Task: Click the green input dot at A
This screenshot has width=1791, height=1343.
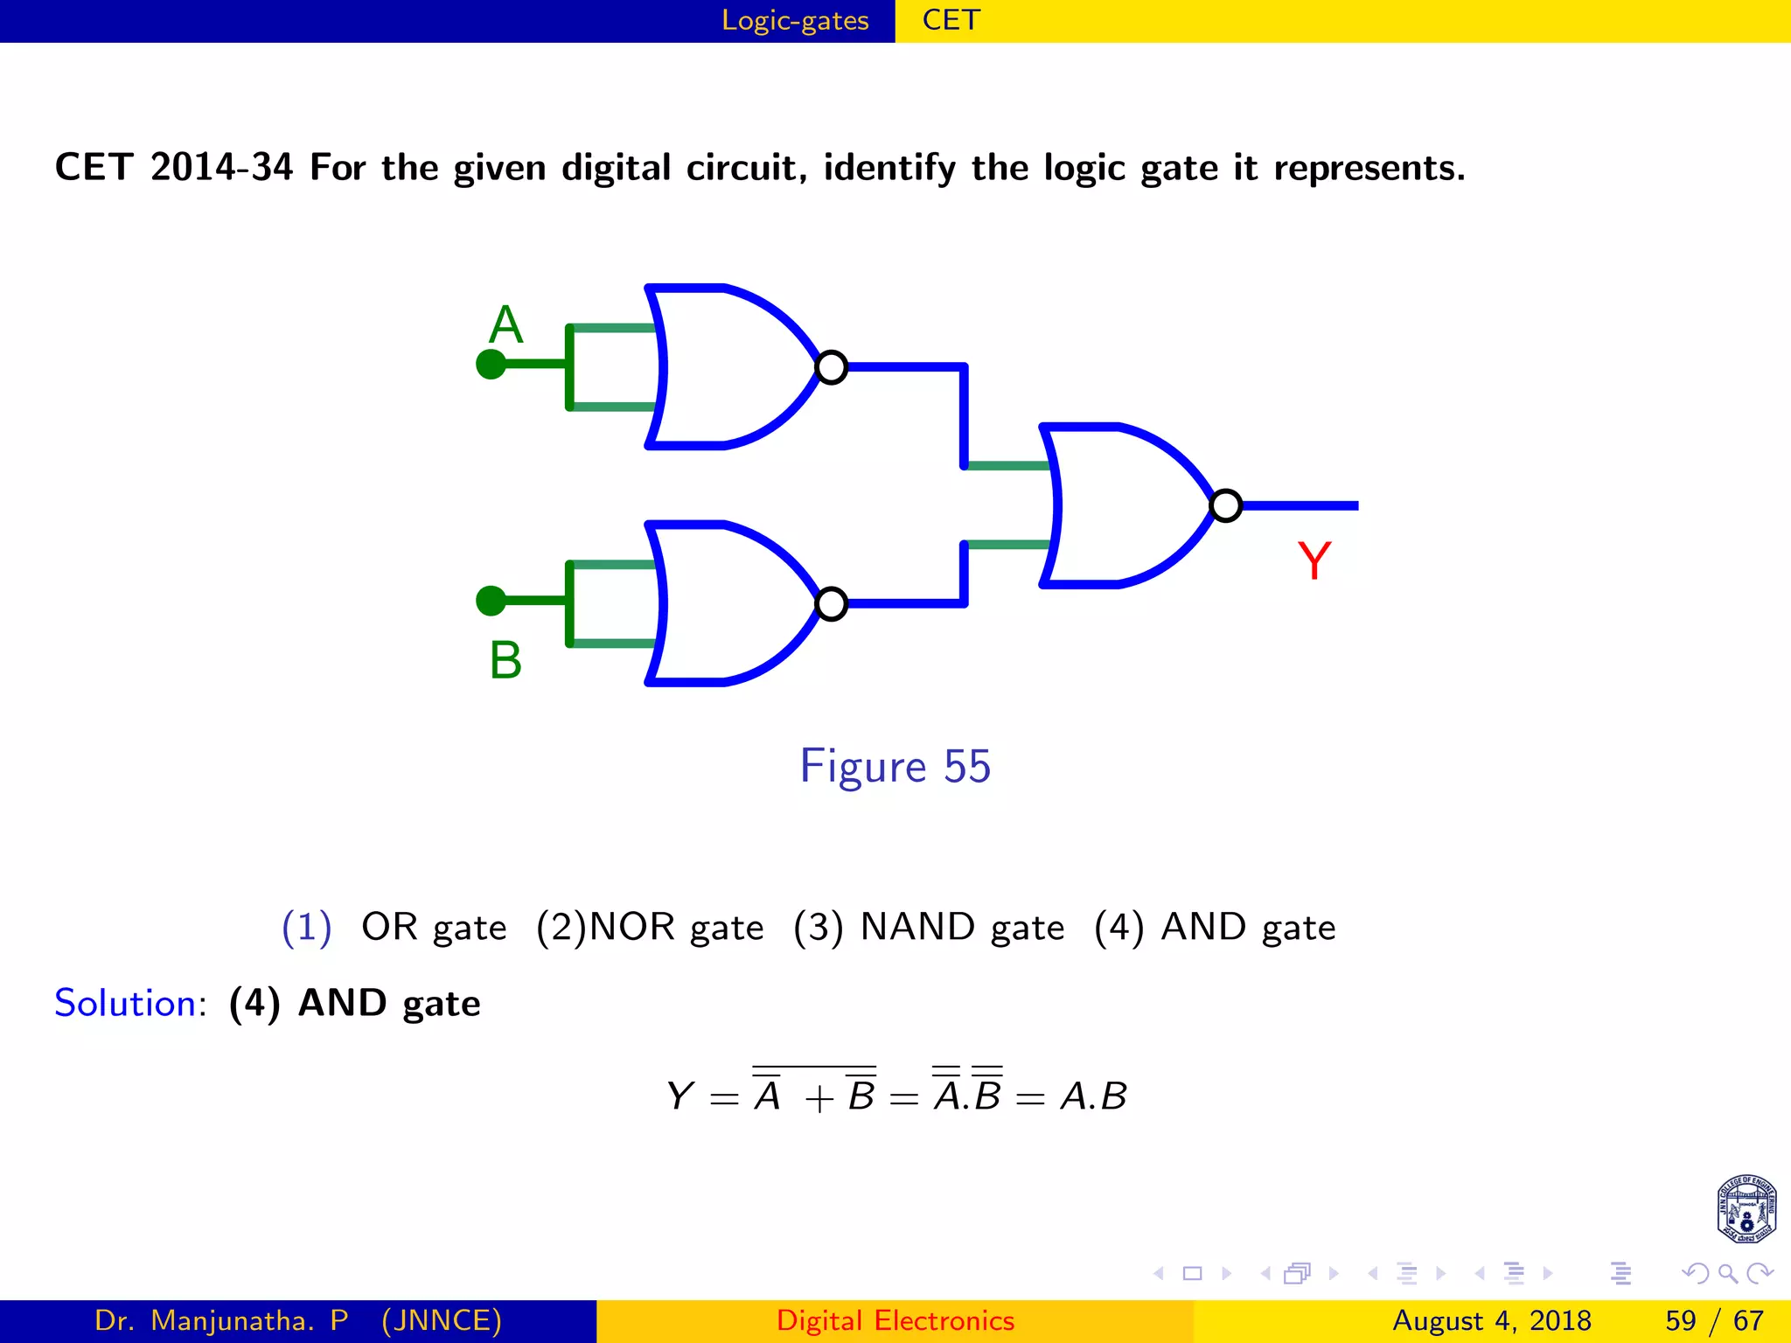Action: click(x=491, y=364)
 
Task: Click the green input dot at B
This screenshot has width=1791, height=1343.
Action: click(x=491, y=601)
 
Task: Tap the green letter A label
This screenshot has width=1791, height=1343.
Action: click(x=505, y=325)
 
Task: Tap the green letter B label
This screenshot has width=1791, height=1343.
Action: click(x=505, y=660)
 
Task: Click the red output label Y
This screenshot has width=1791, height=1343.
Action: click(x=1314, y=560)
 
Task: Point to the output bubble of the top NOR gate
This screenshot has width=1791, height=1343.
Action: click(x=831, y=367)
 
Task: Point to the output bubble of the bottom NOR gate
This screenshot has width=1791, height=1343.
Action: click(x=831, y=603)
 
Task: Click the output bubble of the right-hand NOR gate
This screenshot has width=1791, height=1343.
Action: click(x=1225, y=505)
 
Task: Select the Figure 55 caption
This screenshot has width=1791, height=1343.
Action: click(x=895, y=766)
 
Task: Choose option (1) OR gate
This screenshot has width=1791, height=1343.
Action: click(x=394, y=927)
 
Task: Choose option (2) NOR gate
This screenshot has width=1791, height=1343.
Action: click(x=650, y=927)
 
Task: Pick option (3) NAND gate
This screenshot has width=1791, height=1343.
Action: click(x=929, y=927)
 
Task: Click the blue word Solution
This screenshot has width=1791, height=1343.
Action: click(x=126, y=1003)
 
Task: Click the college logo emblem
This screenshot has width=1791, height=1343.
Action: click(x=1746, y=1209)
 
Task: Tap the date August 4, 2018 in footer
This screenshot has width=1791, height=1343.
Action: click(x=1491, y=1320)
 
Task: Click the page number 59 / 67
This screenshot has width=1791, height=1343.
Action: click(x=1714, y=1320)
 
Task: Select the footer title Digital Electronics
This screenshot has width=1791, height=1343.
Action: click(x=895, y=1320)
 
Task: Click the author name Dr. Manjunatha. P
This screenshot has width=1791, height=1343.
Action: click(x=221, y=1320)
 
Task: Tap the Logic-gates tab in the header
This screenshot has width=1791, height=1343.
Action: click(x=795, y=20)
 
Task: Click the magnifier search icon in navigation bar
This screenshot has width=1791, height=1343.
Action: click(x=1727, y=1273)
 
